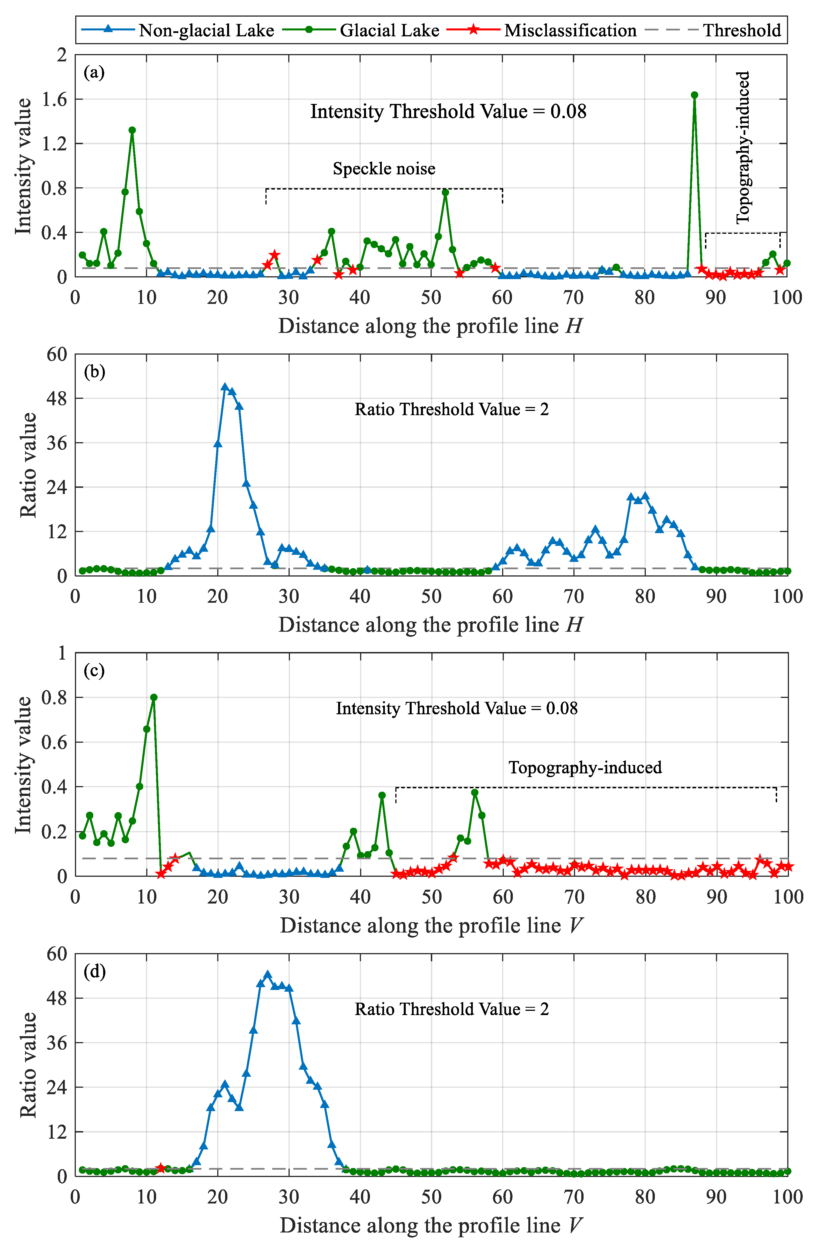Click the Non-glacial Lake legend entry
point(206,30)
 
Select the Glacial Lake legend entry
point(389,30)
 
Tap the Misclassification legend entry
point(570,30)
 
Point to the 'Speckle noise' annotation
point(384,169)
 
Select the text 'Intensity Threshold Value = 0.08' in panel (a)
point(448,112)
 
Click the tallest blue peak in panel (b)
point(225,387)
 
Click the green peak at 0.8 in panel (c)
point(154,697)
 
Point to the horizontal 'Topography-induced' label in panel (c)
point(585,767)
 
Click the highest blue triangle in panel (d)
point(268,974)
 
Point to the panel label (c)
point(94,671)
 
